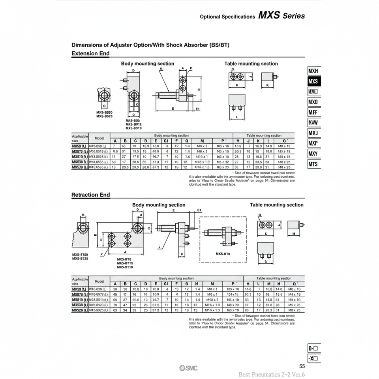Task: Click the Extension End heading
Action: point(90,54)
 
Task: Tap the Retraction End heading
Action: point(90,195)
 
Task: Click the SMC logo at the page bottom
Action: point(189,368)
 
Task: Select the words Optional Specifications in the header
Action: point(227,17)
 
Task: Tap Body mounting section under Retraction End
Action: point(159,205)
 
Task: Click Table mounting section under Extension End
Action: point(251,64)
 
